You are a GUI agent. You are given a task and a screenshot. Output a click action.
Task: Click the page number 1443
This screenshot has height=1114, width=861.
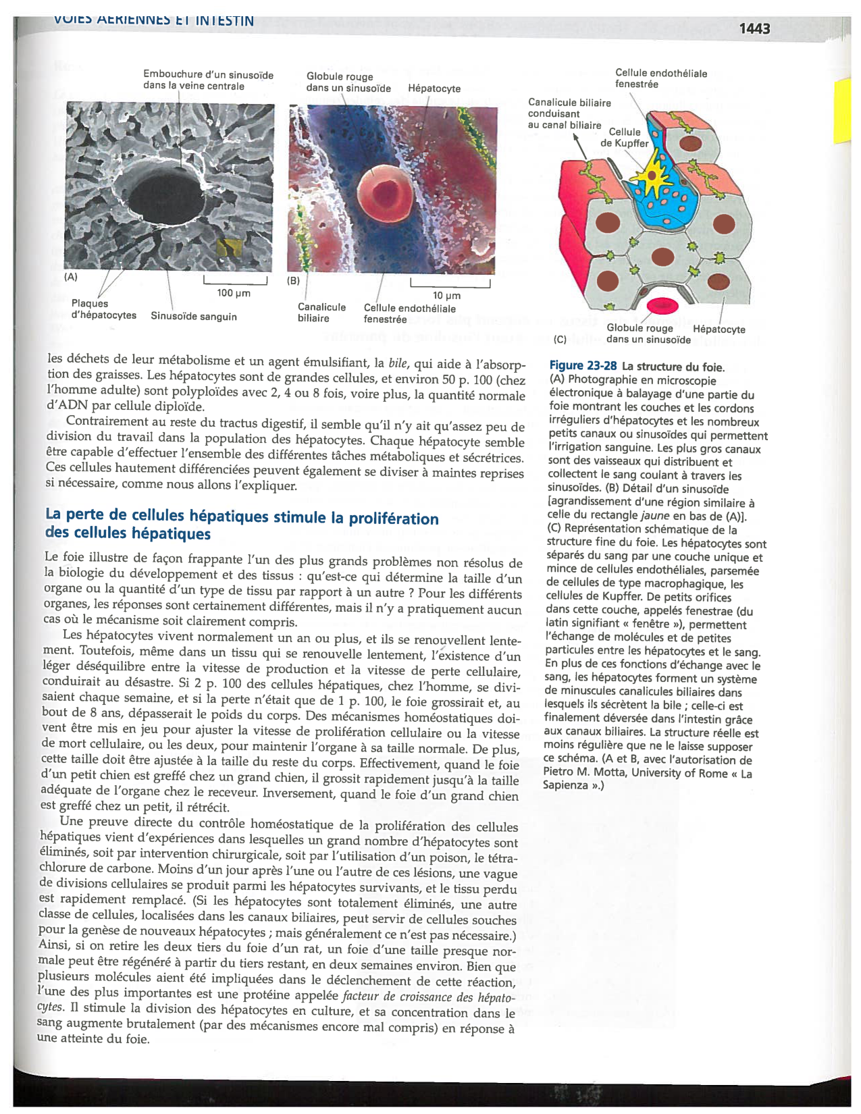coord(754,28)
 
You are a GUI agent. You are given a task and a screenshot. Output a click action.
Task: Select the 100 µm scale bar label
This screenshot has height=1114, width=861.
coord(234,293)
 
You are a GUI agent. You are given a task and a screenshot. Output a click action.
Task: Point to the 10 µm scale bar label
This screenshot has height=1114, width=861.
coord(446,296)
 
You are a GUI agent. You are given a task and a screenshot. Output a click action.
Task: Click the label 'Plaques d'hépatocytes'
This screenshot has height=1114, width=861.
coord(103,309)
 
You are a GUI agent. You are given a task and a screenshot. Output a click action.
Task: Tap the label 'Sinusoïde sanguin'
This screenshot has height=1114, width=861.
coord(194,316)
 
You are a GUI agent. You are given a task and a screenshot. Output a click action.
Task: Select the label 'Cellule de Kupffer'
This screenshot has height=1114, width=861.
coord(625,137)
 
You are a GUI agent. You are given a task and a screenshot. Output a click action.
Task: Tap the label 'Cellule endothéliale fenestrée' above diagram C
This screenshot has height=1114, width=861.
coord(660,78)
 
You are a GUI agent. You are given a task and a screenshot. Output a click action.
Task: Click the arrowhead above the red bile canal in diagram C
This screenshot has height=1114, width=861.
coord(576,137)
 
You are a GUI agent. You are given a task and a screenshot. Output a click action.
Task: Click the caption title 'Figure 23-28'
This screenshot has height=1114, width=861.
coord(583,366)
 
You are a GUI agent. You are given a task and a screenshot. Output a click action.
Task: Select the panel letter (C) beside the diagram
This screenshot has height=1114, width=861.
coord(560,340)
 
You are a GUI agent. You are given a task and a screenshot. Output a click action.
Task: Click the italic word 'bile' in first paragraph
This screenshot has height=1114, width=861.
coord(398,363)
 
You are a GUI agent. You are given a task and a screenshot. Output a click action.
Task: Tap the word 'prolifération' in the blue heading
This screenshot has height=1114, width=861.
coord(394,519)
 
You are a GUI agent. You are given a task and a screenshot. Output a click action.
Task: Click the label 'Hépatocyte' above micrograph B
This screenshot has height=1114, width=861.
coord(434,88)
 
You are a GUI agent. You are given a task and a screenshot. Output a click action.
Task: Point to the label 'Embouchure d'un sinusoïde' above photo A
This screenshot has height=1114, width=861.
coord(208,75)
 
